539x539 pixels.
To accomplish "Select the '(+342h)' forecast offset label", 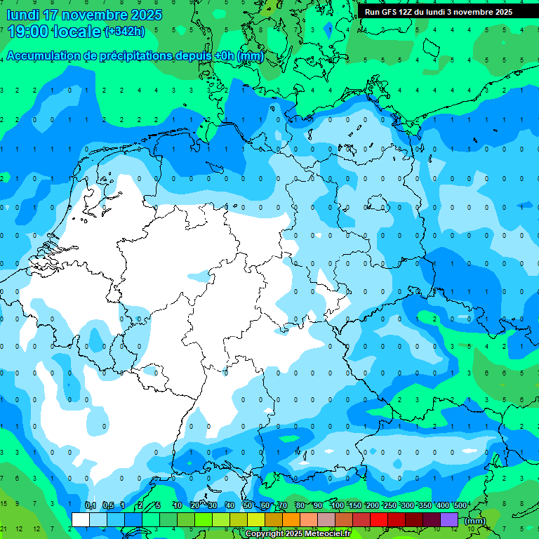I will (124, 32).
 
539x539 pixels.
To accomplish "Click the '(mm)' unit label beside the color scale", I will (475, 521).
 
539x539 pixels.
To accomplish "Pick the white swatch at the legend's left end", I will (81, 519).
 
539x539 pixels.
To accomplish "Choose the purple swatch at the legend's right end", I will (449, 519).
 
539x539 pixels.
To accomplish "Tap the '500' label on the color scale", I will (460, 505).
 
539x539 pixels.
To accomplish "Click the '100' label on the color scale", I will (338, 505).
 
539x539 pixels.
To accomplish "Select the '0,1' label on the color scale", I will (91, 505).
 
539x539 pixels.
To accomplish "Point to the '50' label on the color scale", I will (248, 505).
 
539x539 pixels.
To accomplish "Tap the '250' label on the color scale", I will (390, 505).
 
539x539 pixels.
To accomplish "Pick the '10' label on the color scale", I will (178, 505).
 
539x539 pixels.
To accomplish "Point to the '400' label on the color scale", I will (443, 505).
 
